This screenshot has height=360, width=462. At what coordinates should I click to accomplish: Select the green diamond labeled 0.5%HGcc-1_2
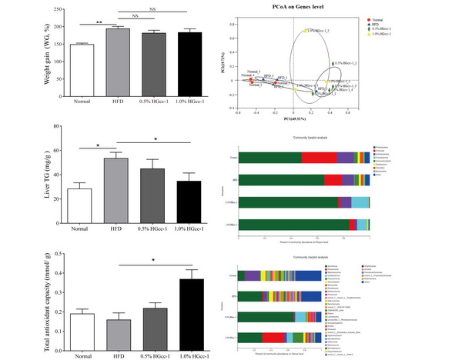333,64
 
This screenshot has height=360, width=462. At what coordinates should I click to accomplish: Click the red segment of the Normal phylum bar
320,157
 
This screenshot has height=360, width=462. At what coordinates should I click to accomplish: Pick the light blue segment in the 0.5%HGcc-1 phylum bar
360,202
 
